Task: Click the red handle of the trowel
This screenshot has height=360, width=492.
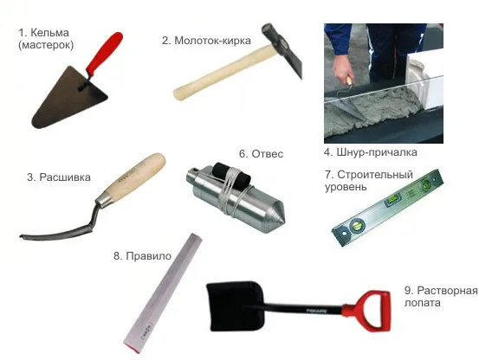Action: (x=104, y=54)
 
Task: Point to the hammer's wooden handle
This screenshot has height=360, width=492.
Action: (x=226, y=72)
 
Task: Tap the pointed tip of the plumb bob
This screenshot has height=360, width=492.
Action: (x=283, y=221)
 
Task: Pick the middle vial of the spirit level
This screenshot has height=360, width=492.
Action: (x=393, y=200)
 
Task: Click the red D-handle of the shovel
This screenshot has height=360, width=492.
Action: (x=370, y=311)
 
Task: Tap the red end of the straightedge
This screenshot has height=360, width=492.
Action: (x=132, y=347)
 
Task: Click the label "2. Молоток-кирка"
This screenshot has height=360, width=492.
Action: (x=206, y=41)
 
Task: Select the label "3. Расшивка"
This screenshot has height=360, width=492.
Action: (x=59, y=177)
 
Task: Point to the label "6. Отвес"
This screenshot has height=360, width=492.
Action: (x=261, y=154)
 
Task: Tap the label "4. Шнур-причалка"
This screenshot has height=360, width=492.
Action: (x=371, y=152)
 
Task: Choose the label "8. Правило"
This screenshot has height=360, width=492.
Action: (x=142, y=256)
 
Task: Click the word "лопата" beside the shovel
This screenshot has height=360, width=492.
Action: (x=423, y=303)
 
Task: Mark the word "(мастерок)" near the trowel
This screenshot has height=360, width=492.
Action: (x=46, y=45)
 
